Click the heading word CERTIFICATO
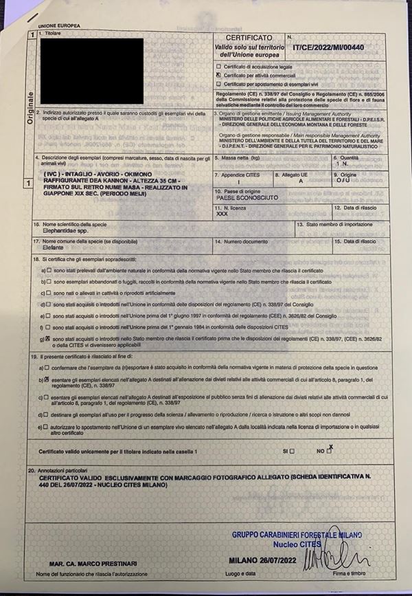[x=244, y=38]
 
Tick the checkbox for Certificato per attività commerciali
[x=218, y=75]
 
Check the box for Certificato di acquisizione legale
[x=218, y=67]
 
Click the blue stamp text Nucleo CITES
[x=297, y=544]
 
